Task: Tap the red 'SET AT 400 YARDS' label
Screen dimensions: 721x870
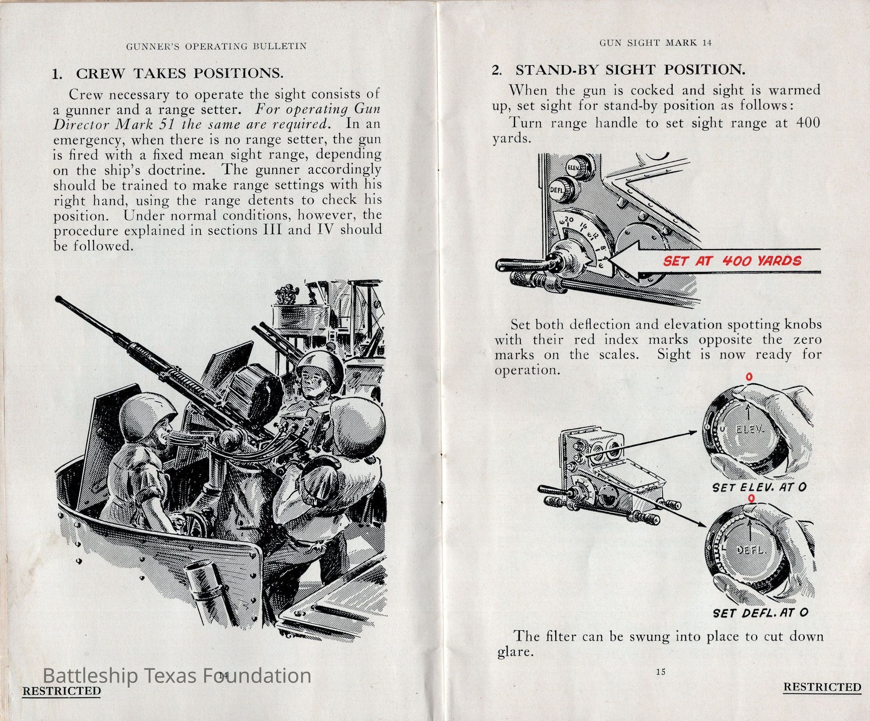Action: (x=731, y=261)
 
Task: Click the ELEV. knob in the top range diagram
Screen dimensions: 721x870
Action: (x=577, y=166)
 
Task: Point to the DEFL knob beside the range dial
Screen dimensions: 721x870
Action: (x=559, y=189)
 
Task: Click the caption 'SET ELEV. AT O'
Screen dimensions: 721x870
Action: (x=759, y=487)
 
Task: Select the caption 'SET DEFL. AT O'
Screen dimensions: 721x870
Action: (x=760, y=613)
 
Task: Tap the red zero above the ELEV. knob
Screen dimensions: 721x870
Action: (x=749, y=377)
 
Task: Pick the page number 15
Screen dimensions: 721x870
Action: (x=661, y=672)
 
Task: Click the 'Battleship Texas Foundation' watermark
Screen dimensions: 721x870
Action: (x=177, y=676)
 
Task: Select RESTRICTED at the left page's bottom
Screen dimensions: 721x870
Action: (x=61, y=691)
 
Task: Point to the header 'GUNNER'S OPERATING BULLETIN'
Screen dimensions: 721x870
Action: (x=216, y=46)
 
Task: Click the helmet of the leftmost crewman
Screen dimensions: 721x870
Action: (x=145, y=416)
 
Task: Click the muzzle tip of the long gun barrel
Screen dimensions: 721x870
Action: (x=58, y=298)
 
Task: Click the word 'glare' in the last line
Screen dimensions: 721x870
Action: (x=514, y=652)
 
